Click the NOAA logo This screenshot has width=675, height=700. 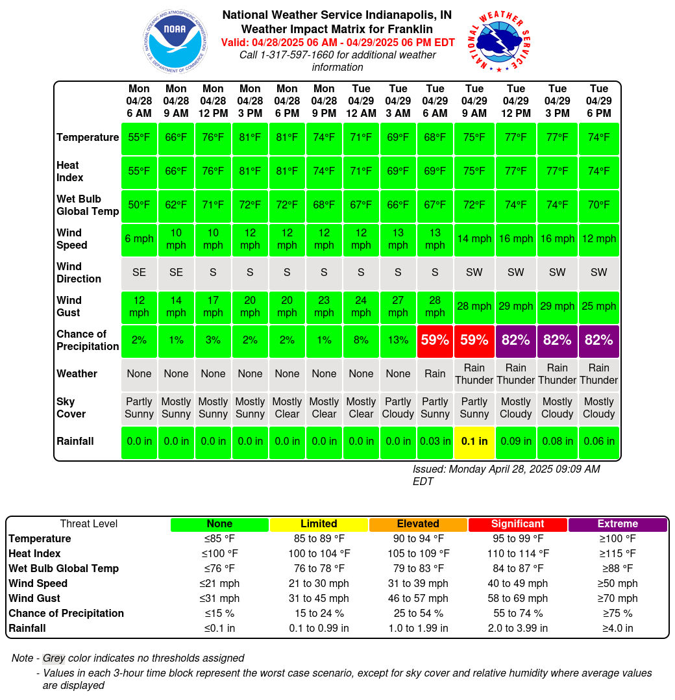(x=175, y=41)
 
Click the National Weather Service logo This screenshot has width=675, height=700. (x=500, y=42)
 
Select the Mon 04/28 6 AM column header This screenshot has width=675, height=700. (x=139, y=101)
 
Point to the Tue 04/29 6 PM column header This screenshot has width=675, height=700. (x=598, y=101)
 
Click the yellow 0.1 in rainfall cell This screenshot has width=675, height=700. (x=474, y=442)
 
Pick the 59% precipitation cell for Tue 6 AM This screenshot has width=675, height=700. (x=435, y=340)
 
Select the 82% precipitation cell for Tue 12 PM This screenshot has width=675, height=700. (x=516, y=340)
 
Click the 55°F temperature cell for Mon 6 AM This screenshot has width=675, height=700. (x=139, y=138)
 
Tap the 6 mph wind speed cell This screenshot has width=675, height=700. (x=139, y=239)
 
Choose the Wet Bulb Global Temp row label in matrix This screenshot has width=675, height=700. (x=88, y=205)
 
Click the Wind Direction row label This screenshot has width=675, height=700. (x=79, y=272)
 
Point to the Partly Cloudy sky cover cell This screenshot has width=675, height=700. (x=398, y=408)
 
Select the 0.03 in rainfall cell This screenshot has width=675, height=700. (x=435, y=442)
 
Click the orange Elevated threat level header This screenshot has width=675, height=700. (x=418, y=524)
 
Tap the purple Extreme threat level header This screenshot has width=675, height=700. (x=617, y=524)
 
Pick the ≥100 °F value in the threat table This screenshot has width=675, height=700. (x=617, y=539)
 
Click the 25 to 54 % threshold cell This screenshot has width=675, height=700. (x=418, y=614)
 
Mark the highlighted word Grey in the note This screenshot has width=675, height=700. (x=54, y=658)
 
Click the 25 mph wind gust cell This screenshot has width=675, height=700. (x=598, y=306)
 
